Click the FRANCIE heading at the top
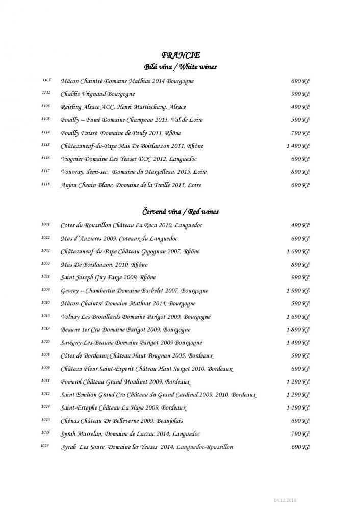pos(180,55)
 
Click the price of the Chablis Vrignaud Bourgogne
pos(300,94)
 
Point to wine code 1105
pos(46,80)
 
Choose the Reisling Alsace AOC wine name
pos(123,107)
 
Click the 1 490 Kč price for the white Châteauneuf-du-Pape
pos(298,146)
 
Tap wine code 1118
pos(46,185)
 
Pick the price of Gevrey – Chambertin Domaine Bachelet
pos(298,291)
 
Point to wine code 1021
pos(46,276)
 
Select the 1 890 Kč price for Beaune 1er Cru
pos(298,330)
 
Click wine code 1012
pos(46,394)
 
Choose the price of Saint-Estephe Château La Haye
pos(298,408)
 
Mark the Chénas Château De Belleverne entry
pos(121,421)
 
